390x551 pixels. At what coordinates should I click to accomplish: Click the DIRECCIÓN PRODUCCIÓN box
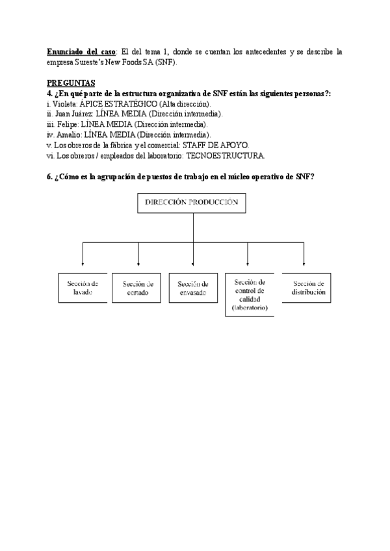[193, 203]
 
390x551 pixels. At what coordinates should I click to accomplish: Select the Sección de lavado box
[83, 288]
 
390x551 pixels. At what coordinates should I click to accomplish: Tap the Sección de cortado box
[138, 288]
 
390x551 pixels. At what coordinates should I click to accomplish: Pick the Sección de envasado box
[193, 288]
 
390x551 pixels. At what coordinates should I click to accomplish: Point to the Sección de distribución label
[308, 288]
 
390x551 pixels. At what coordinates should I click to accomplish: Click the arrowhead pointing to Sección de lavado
[83, 263]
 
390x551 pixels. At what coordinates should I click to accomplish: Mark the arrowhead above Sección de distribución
[304, 263]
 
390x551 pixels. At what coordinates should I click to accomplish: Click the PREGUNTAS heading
[71, 83]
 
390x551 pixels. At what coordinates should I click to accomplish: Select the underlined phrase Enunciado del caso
[81, 51]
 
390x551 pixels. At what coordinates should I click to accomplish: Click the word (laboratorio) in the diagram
[250, 308]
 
